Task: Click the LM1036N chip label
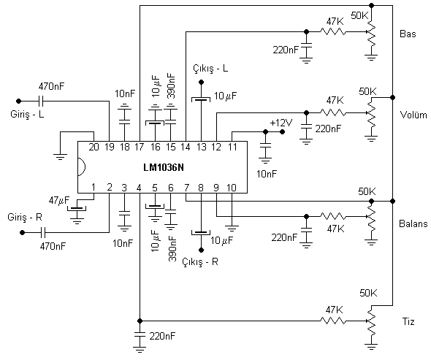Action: tap(164, 167)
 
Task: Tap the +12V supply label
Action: tap(281, 123)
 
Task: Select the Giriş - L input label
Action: tap(27, 114)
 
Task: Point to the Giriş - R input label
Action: tap(25, 217)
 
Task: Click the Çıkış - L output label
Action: tap(210, 69)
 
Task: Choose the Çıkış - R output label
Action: tap(200, 262)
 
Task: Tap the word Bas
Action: tap(408, 34)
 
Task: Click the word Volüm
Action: tap(413, 115)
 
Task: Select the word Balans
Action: tap(413, 223)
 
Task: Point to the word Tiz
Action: tap(408, 321)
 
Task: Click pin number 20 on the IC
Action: tap(94, 147)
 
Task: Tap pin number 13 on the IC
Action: tap(201, 147)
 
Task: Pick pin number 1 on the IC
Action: tap(94, 188)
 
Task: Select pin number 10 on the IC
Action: tap(232, 188)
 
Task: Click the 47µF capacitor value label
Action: tap(59, 200)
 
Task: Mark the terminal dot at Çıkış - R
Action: tap(201, 250)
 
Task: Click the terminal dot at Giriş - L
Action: tap(19, 101)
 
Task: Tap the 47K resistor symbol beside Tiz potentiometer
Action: tap(333, 321)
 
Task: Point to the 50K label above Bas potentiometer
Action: tap(359, 15)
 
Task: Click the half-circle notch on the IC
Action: tap(82, 166)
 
